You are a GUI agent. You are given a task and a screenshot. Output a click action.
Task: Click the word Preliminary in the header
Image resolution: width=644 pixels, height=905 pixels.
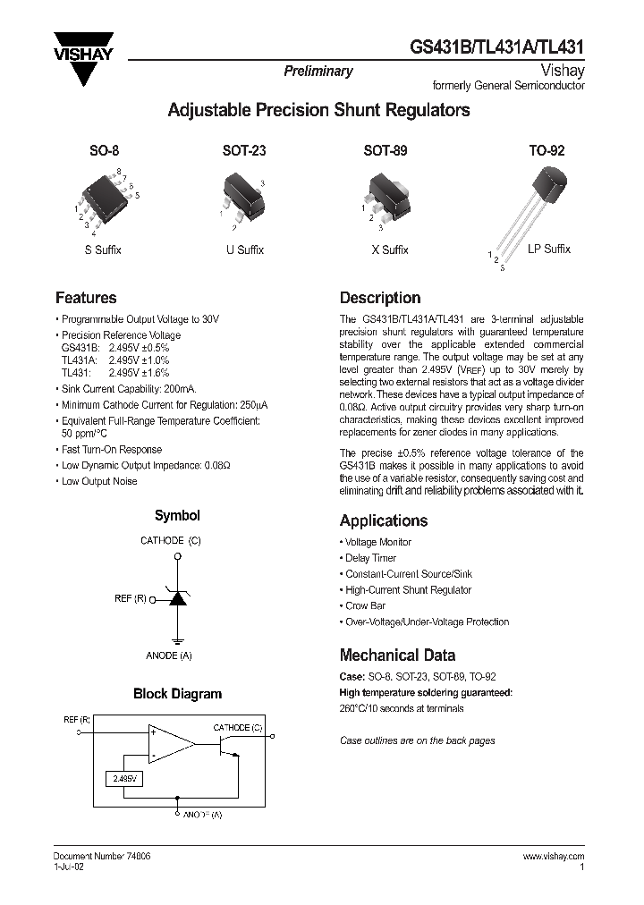(318, 72)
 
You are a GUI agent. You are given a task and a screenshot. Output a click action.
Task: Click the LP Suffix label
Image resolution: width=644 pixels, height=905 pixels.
(548, 250)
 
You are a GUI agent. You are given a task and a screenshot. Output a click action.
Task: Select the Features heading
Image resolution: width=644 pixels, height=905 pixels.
(86, 298)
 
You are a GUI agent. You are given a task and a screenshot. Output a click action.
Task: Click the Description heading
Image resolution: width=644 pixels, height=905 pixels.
(380, 298)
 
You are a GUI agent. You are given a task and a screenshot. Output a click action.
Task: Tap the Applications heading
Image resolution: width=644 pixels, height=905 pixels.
(384, 520)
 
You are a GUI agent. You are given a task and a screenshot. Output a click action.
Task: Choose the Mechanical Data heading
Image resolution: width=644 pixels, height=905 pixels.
(397, 655)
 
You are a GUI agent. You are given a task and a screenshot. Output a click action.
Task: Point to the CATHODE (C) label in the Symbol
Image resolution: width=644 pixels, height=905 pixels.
(171, 540)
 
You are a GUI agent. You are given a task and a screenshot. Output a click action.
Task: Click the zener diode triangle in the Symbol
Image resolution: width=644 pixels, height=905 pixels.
(178, 598)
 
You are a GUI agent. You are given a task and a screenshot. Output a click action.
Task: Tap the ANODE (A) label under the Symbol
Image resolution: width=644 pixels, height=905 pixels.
(169, 655)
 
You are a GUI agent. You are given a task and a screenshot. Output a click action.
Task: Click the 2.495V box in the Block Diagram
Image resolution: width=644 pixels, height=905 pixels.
(123, 780)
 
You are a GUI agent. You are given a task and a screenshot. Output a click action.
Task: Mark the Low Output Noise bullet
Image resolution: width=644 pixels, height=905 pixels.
(99, 481)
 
